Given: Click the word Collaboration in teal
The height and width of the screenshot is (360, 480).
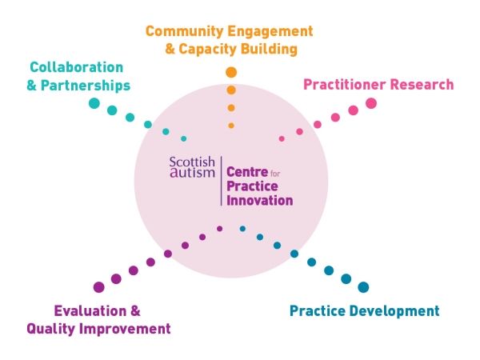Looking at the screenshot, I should (76, 67).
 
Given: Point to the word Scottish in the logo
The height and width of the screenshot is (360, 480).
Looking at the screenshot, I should (192, 162).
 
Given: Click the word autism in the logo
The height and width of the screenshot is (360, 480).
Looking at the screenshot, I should (193, 174).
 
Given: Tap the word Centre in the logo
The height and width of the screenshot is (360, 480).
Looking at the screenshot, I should (247, 172).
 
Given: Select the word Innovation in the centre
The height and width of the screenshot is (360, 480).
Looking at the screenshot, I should (260, 200).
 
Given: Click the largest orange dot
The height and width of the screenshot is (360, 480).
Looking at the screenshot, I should (231, 73).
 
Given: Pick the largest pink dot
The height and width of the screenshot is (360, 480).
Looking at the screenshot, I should (371, 103).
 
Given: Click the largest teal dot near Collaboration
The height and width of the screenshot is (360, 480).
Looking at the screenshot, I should (94, 103).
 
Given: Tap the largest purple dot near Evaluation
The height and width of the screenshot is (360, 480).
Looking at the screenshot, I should (98, 287).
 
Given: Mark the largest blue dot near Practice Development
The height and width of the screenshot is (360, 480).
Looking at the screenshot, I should (364, 287).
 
